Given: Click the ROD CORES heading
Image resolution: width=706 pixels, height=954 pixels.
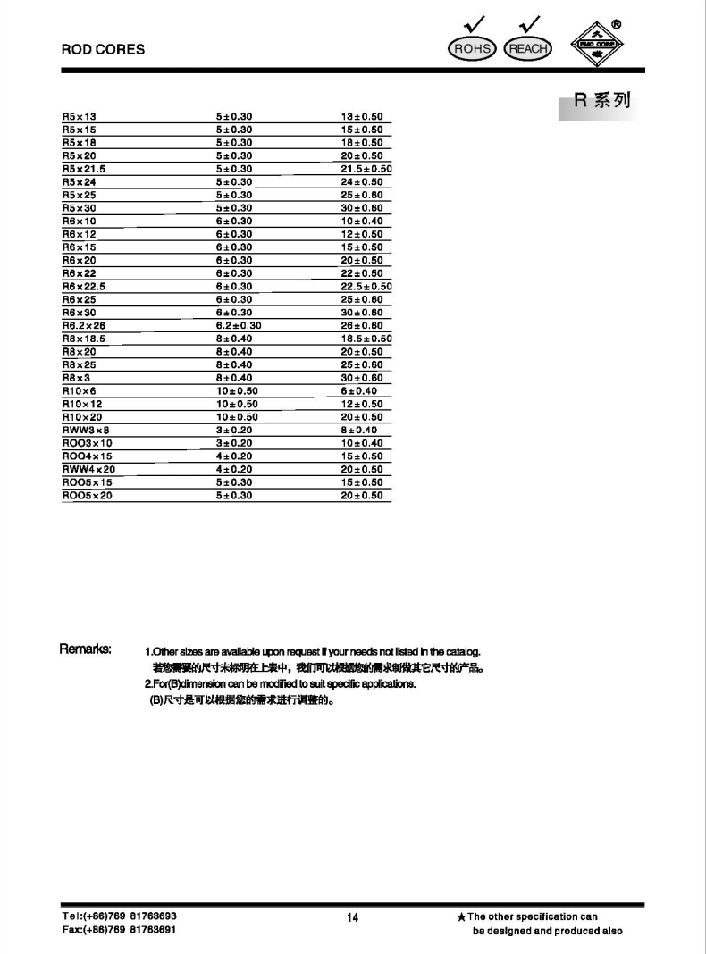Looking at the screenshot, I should [x=103, y=50].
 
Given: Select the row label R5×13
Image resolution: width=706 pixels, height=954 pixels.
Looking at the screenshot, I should [x=79, y=117].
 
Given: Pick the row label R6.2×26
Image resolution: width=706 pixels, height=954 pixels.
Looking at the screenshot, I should [x=84, y=326].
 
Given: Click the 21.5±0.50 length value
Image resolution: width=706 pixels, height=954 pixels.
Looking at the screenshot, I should [x=367, y=169].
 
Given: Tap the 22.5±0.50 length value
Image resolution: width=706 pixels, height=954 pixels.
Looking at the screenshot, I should [x=367, y=287].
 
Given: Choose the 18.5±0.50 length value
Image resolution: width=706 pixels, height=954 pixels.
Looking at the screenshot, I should [x=367, y=339].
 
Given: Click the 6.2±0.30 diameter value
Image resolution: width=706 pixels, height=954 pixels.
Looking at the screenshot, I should [x=239, y=326].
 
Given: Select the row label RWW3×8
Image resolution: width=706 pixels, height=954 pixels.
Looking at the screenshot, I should [x=84, y=431].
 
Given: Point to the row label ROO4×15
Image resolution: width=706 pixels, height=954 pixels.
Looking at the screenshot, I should [x=87, y=456].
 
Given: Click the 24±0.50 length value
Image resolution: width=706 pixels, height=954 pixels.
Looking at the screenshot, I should [x=362, y=182].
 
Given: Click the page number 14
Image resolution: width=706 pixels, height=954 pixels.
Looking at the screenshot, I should [x=352, y=918].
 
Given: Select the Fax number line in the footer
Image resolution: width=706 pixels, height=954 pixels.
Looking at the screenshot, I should [x=118, y=931].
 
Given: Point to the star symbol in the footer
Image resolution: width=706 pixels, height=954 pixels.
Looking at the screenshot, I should [x=461, y=917].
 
